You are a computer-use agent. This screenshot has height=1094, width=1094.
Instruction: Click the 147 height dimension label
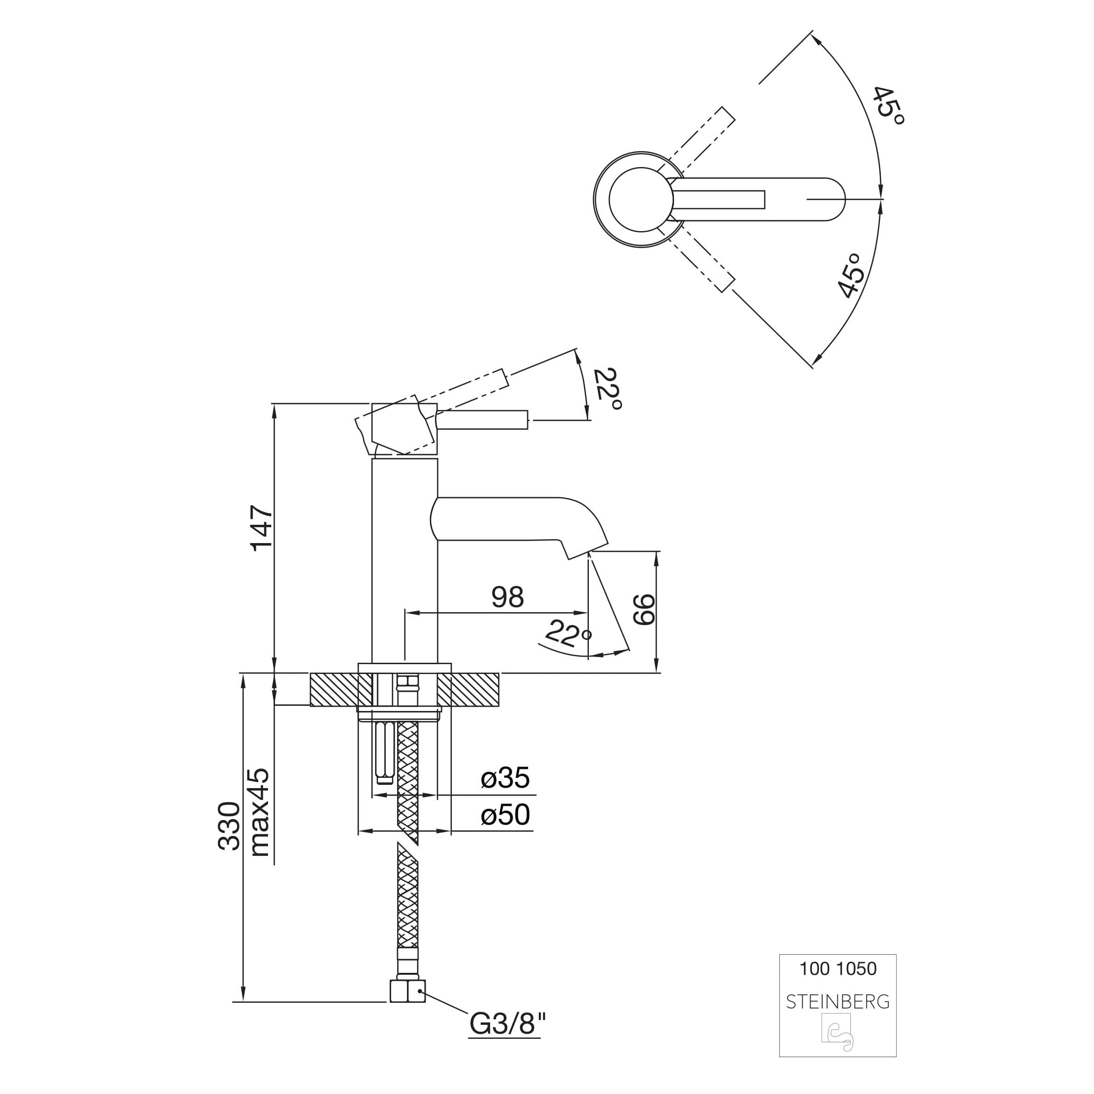click(262, 528)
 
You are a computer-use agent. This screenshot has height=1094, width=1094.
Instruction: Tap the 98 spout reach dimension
click(507, 597)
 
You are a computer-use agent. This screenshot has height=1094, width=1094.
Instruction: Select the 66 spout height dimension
click(644, 610)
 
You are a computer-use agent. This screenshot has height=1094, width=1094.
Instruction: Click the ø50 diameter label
click(505, 815)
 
